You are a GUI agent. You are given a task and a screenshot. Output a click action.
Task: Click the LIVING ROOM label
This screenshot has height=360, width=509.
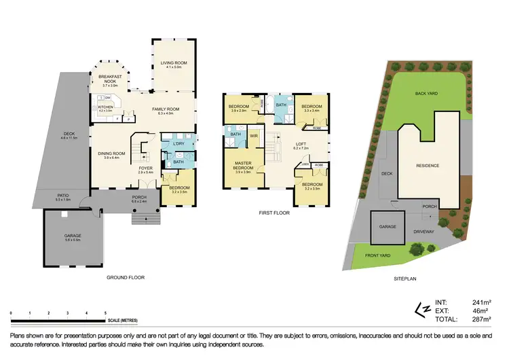tap(173, 62)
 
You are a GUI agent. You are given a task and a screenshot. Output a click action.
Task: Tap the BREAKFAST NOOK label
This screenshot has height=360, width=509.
tap(111, 79)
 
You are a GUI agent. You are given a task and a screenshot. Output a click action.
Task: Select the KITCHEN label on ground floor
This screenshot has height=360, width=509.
tap(105, 107)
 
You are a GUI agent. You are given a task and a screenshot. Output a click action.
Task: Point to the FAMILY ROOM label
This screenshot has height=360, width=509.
tap(165, 109)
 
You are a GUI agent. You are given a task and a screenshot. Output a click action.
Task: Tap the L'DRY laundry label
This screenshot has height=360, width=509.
tap(179, 144)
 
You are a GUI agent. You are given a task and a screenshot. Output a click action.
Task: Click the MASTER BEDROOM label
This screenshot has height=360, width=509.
tap(243, 165)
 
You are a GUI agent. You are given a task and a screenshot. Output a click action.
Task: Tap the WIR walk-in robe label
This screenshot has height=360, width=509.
tap(253, 136)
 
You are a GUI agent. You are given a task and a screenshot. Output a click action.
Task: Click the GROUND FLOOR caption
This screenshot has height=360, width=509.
tap(125, 277)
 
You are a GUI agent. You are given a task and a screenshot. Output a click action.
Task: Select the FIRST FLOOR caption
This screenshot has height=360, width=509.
tap(274, 213)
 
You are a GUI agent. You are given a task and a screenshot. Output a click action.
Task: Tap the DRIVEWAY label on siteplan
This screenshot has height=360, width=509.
tap(426, 231)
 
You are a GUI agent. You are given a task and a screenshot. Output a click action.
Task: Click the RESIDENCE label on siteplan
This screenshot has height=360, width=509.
tap(428, 165)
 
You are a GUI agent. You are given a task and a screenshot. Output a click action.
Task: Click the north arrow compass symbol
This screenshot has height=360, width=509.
tap(421, 310)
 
